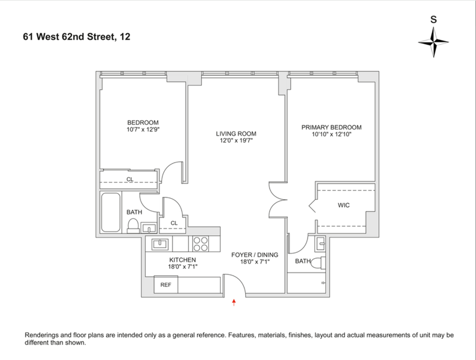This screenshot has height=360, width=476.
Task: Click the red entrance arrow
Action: [x=234, y=302]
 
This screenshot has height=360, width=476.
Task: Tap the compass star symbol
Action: [x=434, y=42]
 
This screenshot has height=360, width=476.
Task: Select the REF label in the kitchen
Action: [x=166, y=284]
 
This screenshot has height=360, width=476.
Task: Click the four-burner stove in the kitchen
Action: [x=201, y=244]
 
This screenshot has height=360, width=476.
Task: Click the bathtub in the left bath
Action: [x=111, y=212]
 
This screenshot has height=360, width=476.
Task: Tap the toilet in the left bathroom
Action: [x=133, y=226]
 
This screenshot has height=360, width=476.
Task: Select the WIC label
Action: [x=344, y=205]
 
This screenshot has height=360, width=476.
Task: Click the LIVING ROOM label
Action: [x=236, y=133]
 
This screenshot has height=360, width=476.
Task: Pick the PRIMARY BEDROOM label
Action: [x=331, y=127]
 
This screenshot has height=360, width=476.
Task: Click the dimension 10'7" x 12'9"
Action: [x=143, y=130]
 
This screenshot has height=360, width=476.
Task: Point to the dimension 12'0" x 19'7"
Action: [x=236, y=140]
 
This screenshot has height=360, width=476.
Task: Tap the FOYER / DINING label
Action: [x=255, y=255]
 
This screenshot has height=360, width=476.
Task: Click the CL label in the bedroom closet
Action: [x=130, y=179]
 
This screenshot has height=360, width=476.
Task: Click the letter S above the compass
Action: [x=434, y=20]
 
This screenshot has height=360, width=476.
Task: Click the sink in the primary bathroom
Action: [x=321, y=243]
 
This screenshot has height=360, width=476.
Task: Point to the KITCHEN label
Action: [x=183, y=260]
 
